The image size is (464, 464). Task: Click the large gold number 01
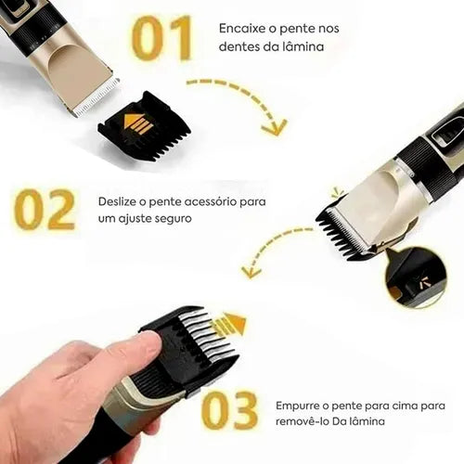click(x=161, y=38)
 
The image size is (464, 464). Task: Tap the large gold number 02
click(x=45, y=210)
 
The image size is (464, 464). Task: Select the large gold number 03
click(x=229, y=410)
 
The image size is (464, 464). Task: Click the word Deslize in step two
click(x=117, y=201)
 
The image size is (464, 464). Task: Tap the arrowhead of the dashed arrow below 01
click(x=274, y=128)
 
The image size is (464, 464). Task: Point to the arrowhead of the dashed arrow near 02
click(x=251, y=272)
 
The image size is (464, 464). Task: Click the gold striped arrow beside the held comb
click(x=228, y=325)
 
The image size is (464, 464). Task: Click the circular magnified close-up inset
click(x=416, y=277)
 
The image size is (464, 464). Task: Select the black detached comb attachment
click(x=145, y=126)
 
